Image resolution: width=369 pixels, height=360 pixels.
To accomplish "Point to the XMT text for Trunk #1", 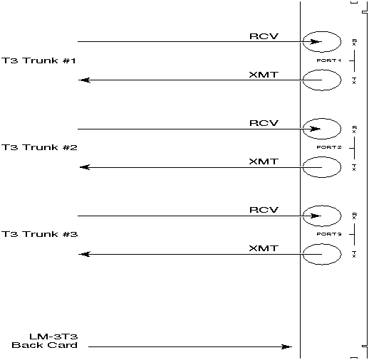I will click(x=263, y=74).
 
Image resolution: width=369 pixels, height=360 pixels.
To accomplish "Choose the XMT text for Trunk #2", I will click(x=263, y=162).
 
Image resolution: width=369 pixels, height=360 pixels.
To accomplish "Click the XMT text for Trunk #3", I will click(x=263, y=248).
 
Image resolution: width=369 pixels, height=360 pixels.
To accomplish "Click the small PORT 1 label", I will click(x=330, y=61).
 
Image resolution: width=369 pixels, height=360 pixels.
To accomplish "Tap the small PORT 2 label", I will click(x=330, y=148).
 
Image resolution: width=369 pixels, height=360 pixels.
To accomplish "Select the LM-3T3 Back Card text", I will click(x=44, y=340).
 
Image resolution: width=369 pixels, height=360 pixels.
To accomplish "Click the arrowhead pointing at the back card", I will click(x=286, y=347).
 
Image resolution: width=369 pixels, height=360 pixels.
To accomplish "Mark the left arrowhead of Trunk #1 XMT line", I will click(x=83, y=80).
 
